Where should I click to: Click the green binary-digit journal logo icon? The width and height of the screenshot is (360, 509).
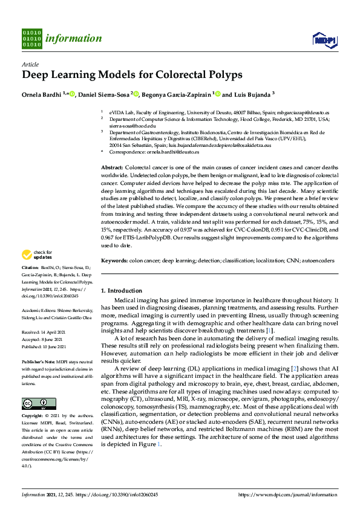tap(31, 39)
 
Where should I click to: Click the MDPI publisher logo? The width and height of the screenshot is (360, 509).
tap(324, 39)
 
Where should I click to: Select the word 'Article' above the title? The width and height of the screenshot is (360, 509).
tap(30, 64)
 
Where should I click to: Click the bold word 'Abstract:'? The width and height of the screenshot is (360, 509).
tap(112, 166)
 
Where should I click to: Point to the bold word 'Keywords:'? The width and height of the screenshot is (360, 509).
tap(114, 261)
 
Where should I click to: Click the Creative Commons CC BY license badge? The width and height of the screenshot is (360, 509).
tap(39, 403)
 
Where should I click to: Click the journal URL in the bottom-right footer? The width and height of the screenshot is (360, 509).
tap(288, 495)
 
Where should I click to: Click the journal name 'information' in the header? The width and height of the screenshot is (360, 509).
tap(73, 39)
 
